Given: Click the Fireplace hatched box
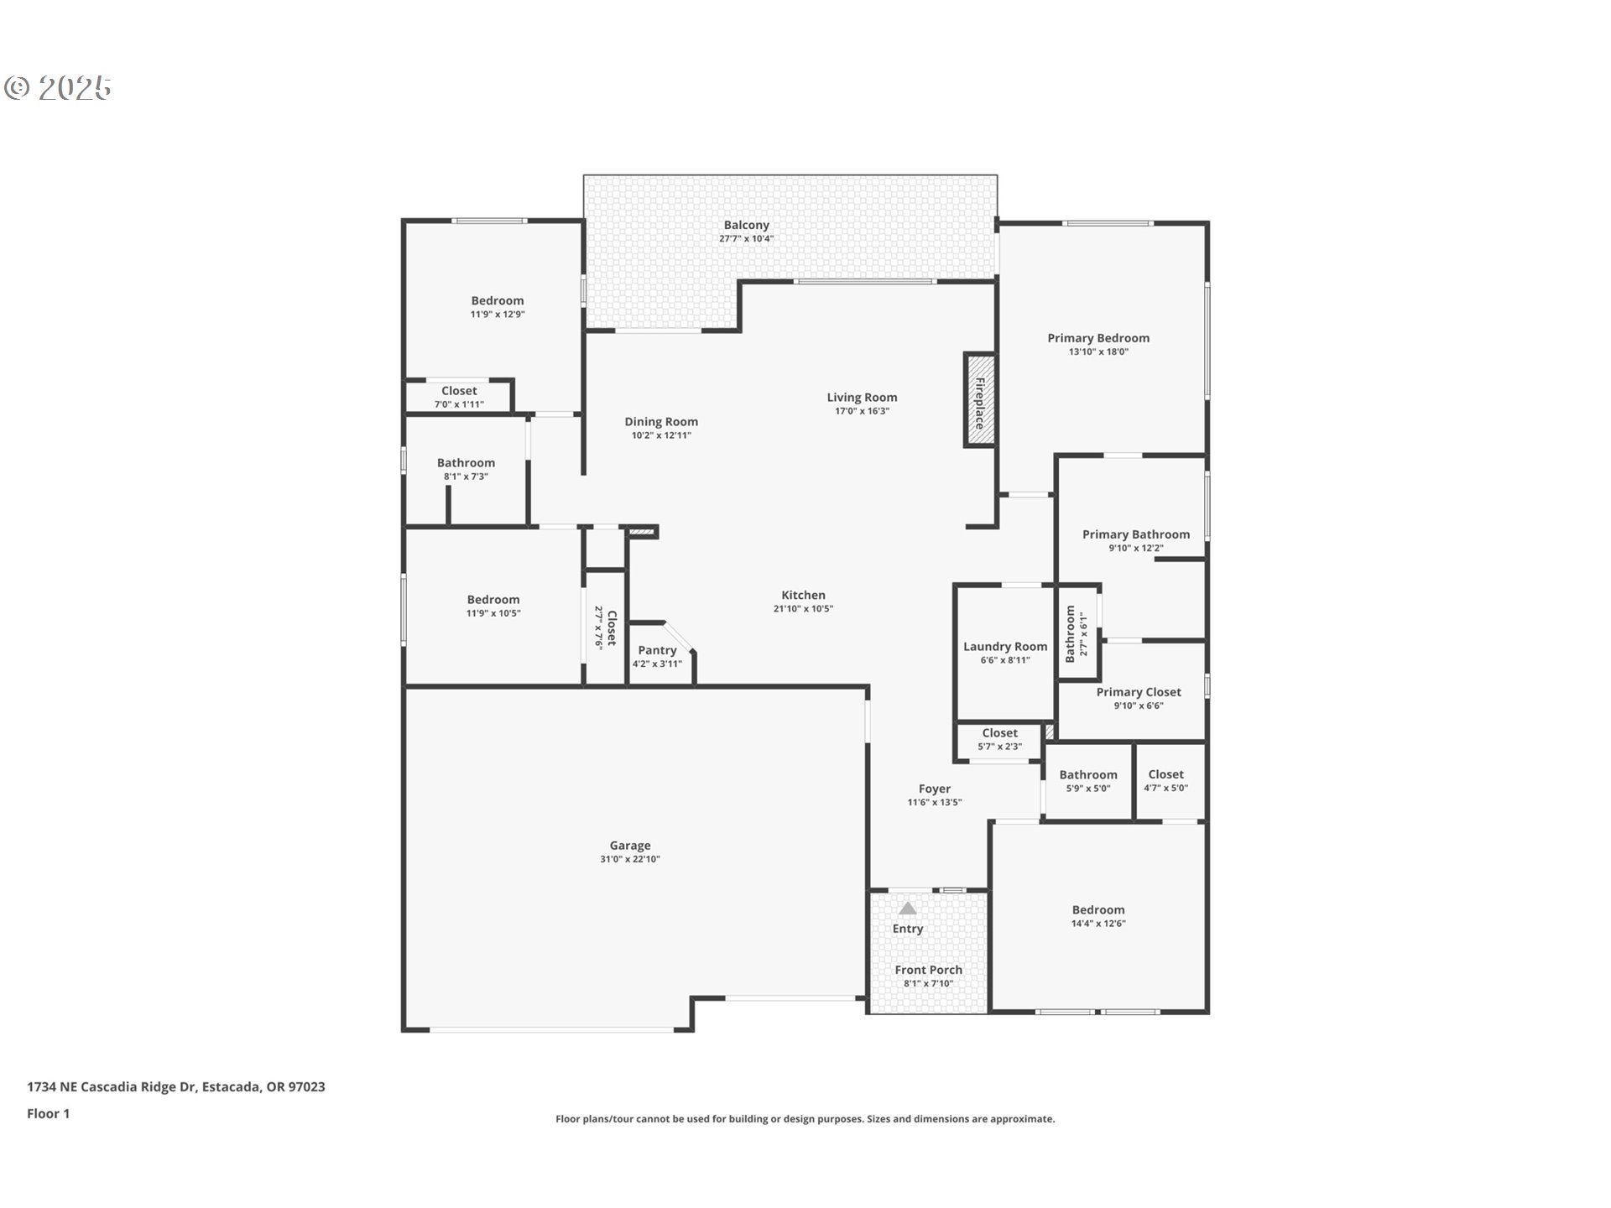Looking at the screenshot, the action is click(x=979, y=399).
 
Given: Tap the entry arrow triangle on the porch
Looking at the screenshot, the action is click(x=908, y=908).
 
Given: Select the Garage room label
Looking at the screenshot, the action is click(x=630, y=846).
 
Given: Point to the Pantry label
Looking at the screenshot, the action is click(x=657, y=650).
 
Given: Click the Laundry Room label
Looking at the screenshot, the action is click(x=1005, y=647).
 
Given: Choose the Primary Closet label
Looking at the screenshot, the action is click(x=1139, y=692).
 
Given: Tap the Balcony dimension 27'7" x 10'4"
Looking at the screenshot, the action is click(x=746, y=239).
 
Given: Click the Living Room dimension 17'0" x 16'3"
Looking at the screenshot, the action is click(x=862, y=411).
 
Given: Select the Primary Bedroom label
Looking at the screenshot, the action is click(x=1098, y=338).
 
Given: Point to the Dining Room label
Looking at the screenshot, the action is click(x=661, y=422).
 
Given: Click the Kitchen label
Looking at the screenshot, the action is click(x=803, y=595).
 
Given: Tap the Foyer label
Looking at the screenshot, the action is click(x=935, y=789).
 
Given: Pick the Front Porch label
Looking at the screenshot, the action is click(x=929, y=970).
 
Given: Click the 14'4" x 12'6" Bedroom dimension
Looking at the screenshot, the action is click(x=1098, y=924).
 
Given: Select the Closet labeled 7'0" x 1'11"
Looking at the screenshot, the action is click(x=459, y=391).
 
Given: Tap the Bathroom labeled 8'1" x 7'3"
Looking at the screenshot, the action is click(x=466, y=463).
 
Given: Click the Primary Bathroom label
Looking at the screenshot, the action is click(x=1136, y=534).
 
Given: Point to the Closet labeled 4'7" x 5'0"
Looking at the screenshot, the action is click(x=1166, y=774).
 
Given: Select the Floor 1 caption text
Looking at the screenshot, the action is click(x=49, y=1113).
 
